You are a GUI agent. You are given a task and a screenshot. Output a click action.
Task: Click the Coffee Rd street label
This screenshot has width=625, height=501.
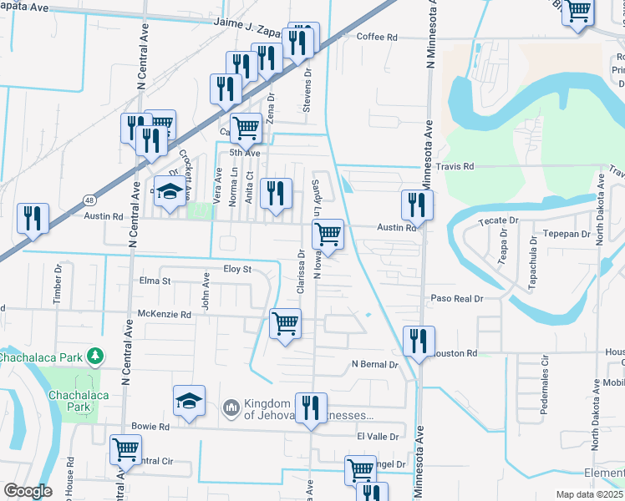pyautogui.click(x=377, y=37)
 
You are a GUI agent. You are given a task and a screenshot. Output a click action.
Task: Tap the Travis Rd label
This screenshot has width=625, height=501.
pyautogui.click(x=457, y=167)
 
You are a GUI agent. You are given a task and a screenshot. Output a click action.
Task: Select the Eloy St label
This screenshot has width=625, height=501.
pyautogui.click(x=237, y=269)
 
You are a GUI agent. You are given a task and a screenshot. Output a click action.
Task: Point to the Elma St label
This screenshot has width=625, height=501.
pyautogui.click(x=155, y=281)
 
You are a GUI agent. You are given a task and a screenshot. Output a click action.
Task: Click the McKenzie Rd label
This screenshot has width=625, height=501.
pyautogui.click(x=165, y=315)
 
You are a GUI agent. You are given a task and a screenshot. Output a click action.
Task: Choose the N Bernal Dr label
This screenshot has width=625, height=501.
pyautogui.click(x=375, y=365)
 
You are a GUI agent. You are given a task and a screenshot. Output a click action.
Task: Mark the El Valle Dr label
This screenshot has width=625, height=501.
pyautogui.click(x=374, y=436)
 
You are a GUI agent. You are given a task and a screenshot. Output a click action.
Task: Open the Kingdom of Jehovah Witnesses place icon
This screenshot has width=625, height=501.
pyautogui.click(x=231, y=408)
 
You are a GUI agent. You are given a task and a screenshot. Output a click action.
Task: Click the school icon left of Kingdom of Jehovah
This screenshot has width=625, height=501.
pyautogui.click(x=190, y=400)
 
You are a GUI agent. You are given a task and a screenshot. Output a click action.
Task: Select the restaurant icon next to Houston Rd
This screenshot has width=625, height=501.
pyautogui.click(x=419, y=340)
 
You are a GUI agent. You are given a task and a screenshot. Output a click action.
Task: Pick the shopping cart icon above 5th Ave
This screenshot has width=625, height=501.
pyautogui.click(x=246, y=128)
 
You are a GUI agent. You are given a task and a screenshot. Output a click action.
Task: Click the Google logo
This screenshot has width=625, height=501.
pyautogui.click(x=28, y=491)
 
